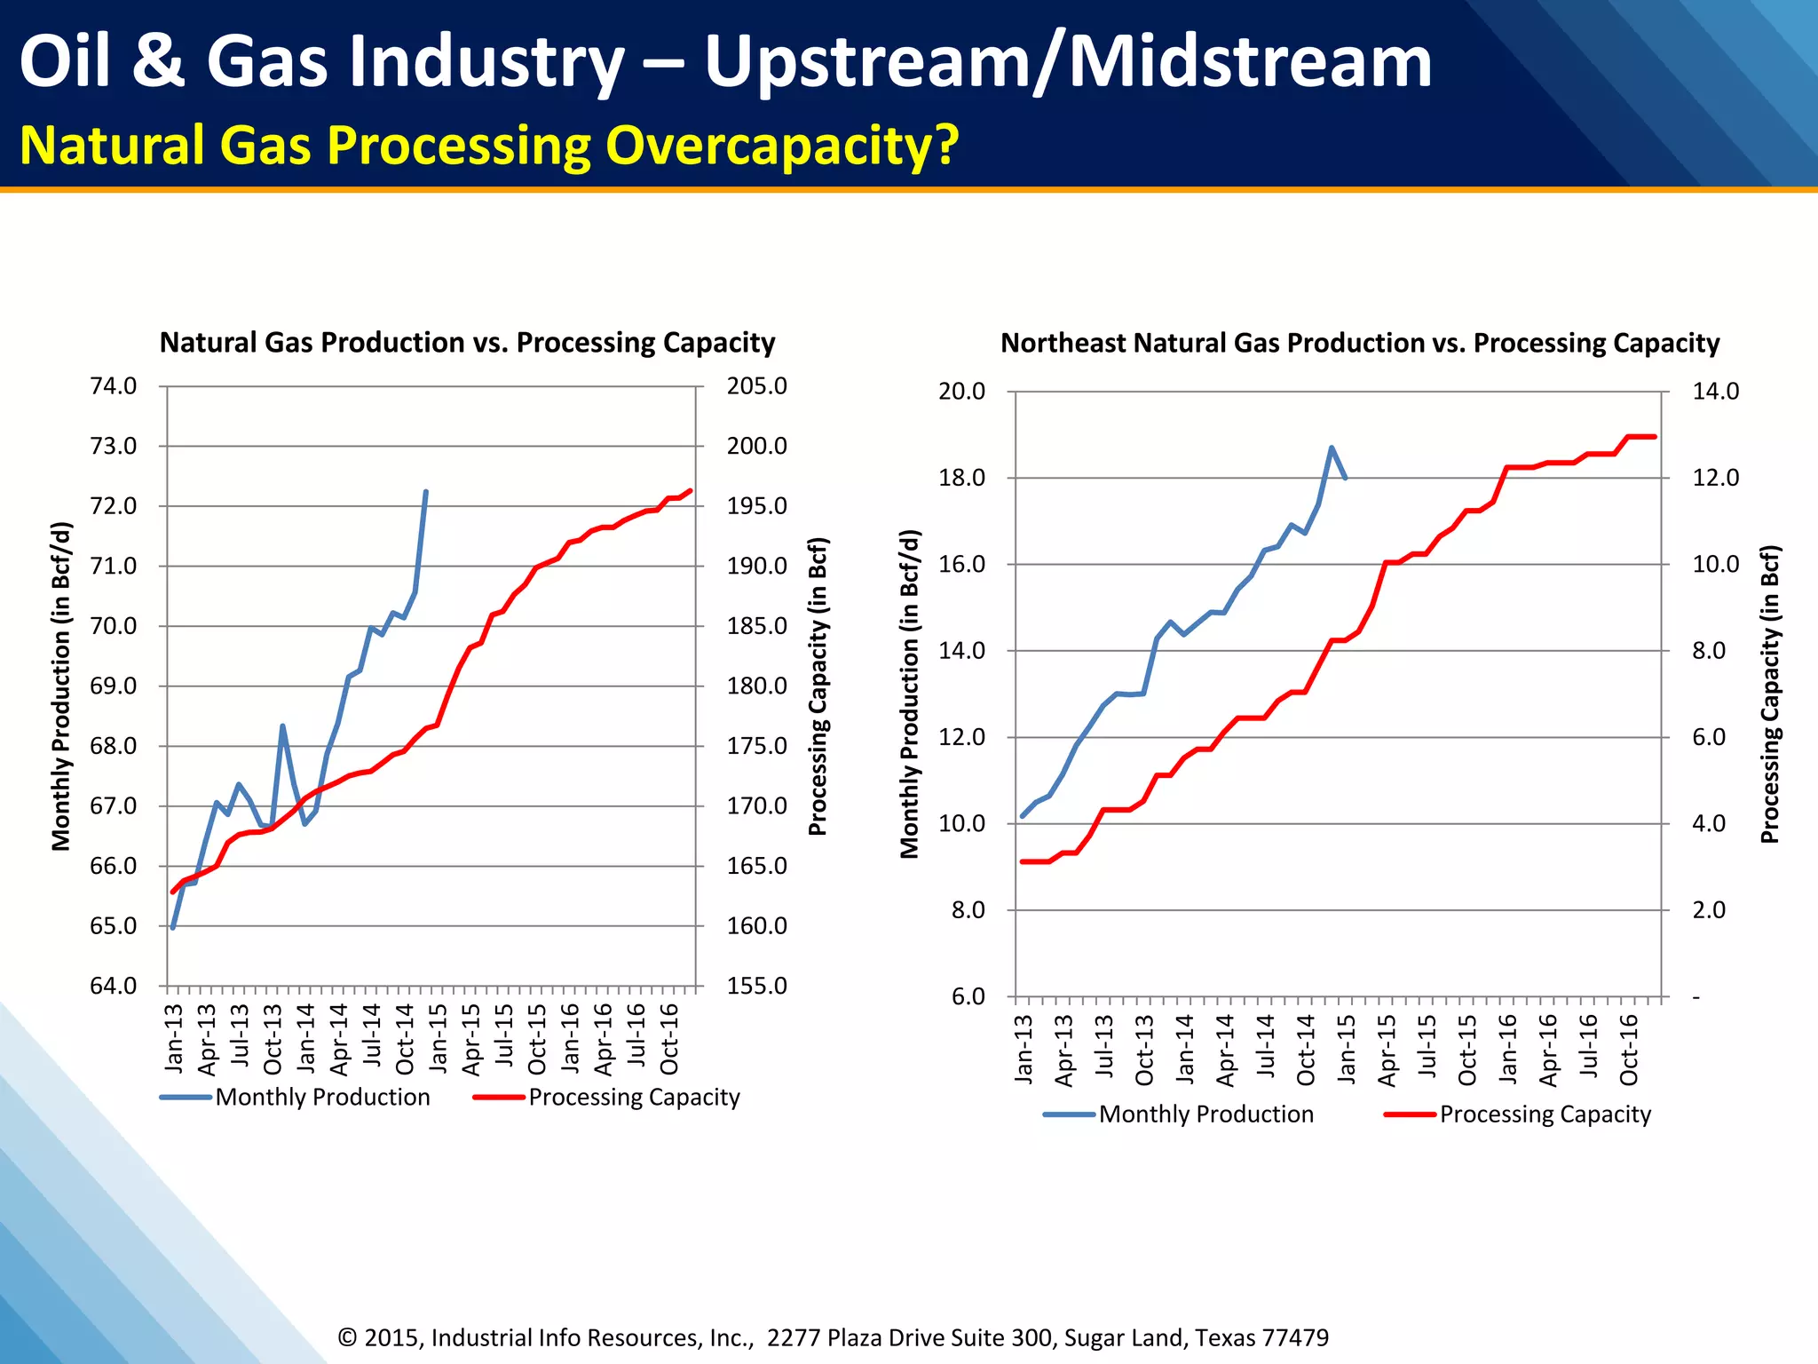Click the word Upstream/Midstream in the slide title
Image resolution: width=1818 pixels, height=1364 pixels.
tap(1068, 62)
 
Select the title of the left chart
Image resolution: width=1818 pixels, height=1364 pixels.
tap(467, 343)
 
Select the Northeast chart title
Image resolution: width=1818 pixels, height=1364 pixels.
tap(1360, 343)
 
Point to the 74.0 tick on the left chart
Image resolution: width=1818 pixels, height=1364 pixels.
tap(114, 386)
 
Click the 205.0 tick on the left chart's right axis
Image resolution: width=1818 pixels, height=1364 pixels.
tap(756, 386)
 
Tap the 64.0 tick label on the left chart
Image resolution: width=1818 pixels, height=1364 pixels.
tap(114, 986)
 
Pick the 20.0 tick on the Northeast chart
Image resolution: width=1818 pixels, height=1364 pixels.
tap(962, 392)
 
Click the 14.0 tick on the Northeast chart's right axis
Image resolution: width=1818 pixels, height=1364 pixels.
tap(1715, 392)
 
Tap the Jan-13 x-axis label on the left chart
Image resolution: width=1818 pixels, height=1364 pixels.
tap(174, 1036)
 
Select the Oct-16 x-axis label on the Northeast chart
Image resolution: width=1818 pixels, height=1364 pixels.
tap(1629, 1050)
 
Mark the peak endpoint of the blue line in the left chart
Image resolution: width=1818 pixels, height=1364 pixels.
tap(426, 492)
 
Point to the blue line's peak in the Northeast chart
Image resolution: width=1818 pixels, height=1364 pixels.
tap(1332, 448)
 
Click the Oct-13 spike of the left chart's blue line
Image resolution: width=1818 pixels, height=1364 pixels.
tap(282, 726)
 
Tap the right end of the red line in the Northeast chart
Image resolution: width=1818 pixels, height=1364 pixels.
tap(1655, 437)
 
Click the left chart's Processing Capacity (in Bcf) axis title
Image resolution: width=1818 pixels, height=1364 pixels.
tap(818, 686)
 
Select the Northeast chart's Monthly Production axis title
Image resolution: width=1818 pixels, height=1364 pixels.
tap(910, 694)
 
